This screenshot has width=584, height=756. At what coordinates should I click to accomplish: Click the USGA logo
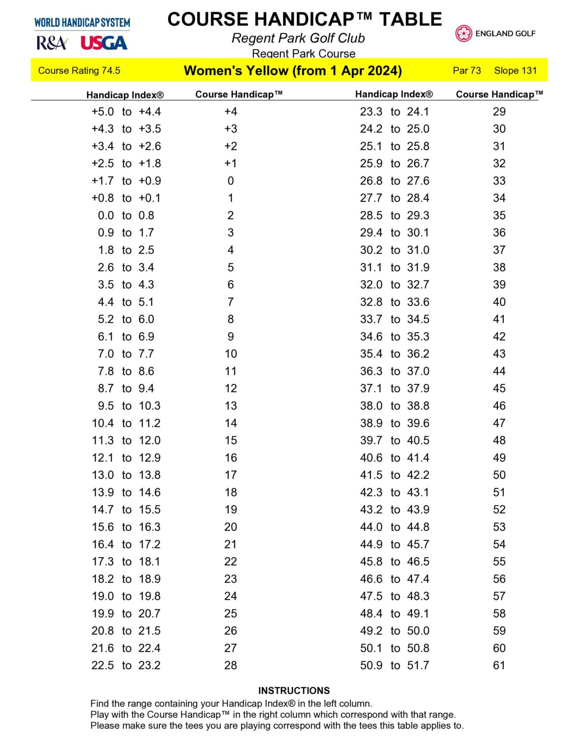click(104, 43)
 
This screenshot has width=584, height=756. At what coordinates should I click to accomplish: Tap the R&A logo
click(52, 43)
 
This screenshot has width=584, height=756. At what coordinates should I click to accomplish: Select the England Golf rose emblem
click(463, 33)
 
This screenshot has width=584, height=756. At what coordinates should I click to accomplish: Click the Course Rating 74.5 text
click(79, 70)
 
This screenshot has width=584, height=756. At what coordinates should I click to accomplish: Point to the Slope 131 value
click(515, 70)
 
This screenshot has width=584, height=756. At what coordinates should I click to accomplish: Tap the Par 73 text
click(466, 70)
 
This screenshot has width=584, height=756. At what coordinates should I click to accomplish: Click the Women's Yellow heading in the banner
click(293, 70)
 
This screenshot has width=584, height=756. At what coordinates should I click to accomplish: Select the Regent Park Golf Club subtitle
click(298, 38)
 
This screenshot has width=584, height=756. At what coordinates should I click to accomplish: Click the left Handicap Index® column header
click(125, 94)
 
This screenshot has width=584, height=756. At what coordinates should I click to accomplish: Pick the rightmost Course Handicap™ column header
click(499, 94)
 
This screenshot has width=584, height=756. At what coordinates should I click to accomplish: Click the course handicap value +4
click(230, 112)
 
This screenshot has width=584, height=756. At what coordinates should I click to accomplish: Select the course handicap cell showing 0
click(230, 181)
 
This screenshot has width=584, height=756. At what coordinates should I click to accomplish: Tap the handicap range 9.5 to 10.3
click(126, 406)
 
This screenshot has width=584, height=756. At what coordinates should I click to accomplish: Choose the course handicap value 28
click(230, 665)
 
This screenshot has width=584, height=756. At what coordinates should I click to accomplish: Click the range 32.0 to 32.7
click(395, 284)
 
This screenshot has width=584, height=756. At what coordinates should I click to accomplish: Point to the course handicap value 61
click(499, 665)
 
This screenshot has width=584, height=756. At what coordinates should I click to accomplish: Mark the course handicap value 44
click(499, 371)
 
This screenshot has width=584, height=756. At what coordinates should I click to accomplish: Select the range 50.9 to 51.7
click(395, 665)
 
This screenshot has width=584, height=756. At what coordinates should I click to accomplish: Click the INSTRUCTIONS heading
click(294, 691)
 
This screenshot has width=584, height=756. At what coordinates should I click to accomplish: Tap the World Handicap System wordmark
click(82, 23)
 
